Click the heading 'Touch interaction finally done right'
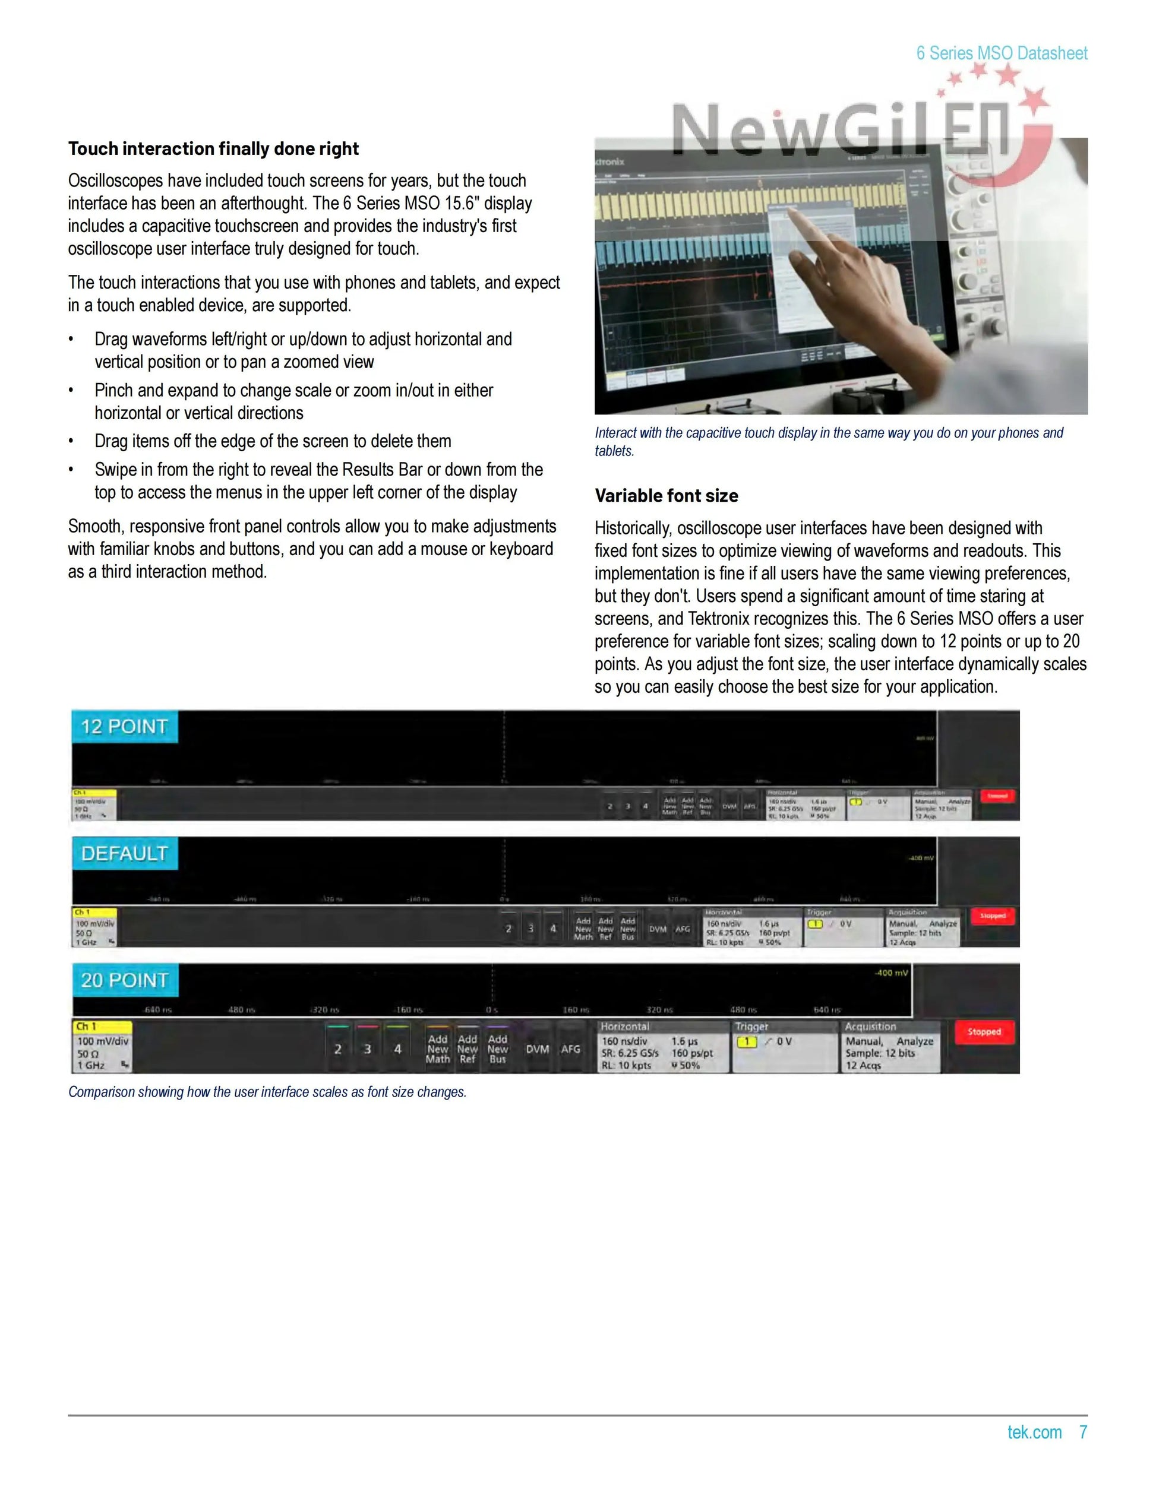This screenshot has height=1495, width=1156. click(x=213, y=148)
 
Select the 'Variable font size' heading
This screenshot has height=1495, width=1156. click(x=666, y=496)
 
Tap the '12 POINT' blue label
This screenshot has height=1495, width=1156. click(x=124, y=726)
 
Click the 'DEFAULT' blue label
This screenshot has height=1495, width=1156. click(x=124, y=853)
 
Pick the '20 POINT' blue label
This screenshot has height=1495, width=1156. click(x=124, y=980)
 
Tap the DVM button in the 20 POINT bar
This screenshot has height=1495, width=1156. click(x=537, y=1049)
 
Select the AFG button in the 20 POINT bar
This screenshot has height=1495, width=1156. click(x=570, y=1049)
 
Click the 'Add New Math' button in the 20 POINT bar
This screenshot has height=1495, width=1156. click(x=438, y=1049)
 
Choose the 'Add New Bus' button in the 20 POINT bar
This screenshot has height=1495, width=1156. click(x=498, y=1049)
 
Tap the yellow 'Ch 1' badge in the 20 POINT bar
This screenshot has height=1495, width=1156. click(x=102, y=1027)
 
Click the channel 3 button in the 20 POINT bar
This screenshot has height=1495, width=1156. click(x=368, y=1049)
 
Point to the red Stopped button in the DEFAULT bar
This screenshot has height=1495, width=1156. click(x=991, y=916)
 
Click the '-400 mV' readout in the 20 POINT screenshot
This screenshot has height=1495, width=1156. click(x=891, y=973)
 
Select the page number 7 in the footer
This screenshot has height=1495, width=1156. click(x=1083, y=1432)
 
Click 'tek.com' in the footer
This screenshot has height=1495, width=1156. click(x=1034, y=1432)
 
